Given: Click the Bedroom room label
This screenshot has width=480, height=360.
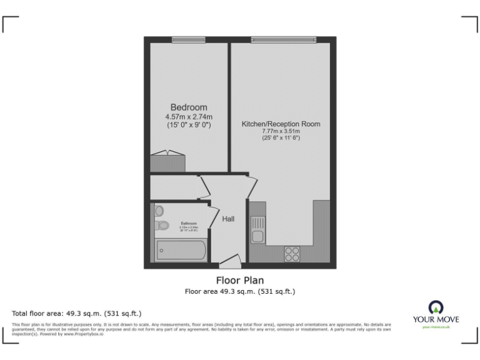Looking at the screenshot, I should pos(189,107).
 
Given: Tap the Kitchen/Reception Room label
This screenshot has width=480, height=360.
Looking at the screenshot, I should pos(281,124).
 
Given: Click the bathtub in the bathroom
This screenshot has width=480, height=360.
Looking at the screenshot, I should pos(180,251).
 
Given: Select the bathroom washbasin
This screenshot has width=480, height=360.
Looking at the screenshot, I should pos(159,211).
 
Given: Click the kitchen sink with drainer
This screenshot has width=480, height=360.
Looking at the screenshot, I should pos(257,229).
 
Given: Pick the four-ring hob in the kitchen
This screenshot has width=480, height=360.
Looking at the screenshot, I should pos(292,253).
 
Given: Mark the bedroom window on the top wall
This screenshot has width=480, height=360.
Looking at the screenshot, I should pos(189,41).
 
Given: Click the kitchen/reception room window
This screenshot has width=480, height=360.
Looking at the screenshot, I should pos(284,41).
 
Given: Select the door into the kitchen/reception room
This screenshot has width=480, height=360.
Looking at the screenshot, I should pos(251,186).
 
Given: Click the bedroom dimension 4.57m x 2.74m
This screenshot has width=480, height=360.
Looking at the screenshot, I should pos(189,117).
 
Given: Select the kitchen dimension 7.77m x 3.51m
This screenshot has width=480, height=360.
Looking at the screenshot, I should pos(281,131).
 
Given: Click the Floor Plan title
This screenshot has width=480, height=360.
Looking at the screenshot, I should pos(239,280).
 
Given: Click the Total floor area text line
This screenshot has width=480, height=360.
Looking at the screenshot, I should pos(77,313).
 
